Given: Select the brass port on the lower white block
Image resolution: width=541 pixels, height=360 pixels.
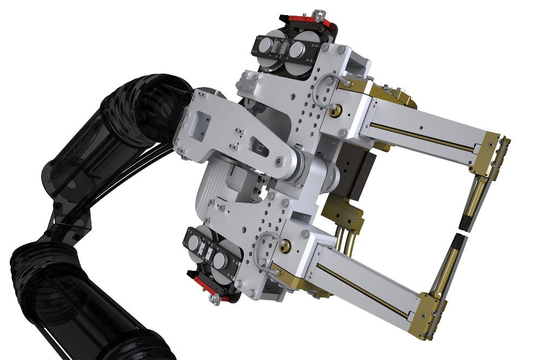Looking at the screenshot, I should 285,248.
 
